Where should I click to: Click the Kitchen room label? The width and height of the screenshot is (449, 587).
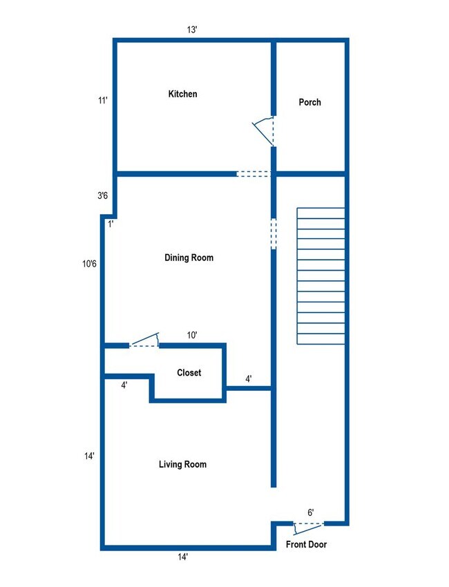coord(182,94)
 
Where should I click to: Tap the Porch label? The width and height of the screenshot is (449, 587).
coord(309,102)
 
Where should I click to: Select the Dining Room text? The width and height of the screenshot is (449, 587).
coord(189,258)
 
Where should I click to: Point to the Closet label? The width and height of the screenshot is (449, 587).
coord(189,373)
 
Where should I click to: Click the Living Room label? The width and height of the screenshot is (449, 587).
coord(182,464)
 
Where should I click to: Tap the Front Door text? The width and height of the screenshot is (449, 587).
coord(306,545)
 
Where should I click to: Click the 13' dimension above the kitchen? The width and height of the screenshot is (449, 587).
coord(193,30)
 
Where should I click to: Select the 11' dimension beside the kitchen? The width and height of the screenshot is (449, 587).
coord(102,101)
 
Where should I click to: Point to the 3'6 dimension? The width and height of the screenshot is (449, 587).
coord(102,196)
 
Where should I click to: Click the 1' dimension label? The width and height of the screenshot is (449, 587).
coord(111,223)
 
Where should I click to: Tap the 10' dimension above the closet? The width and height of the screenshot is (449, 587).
coord(193,335)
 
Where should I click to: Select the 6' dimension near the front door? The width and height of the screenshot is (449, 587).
coord(311,512)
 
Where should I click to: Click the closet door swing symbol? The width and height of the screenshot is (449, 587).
coord(145,340)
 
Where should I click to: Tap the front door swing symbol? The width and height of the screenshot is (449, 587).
coord(307,528)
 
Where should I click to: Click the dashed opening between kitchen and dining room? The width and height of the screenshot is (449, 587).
coord(253,173)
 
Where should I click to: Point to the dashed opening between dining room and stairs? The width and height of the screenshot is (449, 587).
coord(274,233)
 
